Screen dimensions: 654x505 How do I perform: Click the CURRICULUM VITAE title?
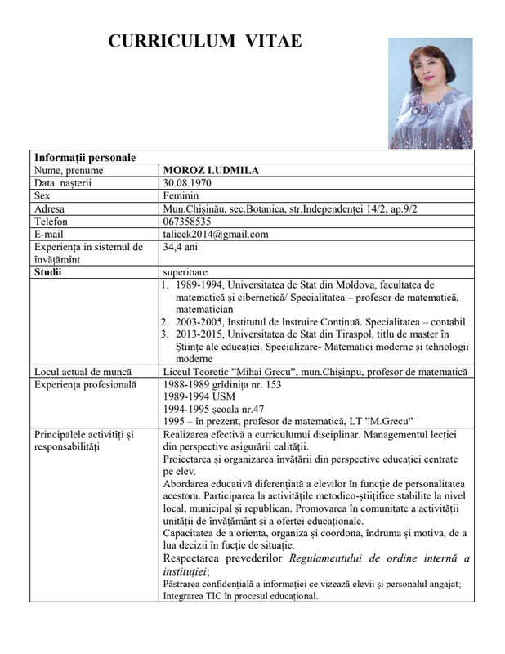click(205, 42)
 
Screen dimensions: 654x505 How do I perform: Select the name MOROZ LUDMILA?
click(211, 170)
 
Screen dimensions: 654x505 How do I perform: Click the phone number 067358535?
click(188, 222)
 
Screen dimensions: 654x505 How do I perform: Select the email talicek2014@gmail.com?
click(216, 235)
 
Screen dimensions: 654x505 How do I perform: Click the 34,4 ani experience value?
click(181, 247)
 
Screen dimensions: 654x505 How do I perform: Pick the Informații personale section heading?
click(85, 158)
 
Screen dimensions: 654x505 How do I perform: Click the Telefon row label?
click(51, 222)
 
